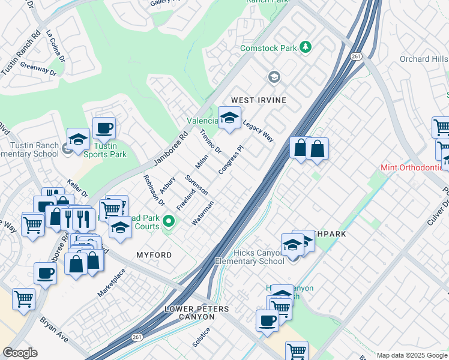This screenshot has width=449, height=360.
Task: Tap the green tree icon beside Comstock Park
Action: point(306,47)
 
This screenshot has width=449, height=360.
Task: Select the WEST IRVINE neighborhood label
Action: point(259,100)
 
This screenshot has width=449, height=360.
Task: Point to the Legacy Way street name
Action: point(258,130)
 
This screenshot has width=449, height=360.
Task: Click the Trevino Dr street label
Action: point(211,141)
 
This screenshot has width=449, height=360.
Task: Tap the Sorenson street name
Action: point(196,185)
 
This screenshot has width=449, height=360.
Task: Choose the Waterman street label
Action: point(202,214)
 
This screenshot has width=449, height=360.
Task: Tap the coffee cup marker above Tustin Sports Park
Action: point(104,128)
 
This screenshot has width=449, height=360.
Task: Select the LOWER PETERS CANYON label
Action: point(197,313)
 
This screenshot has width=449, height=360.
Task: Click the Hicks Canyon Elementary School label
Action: point(250,257)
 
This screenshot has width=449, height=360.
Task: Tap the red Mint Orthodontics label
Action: point(415,167)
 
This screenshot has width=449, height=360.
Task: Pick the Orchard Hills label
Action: point(423,59)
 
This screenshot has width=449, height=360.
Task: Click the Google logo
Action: point(20,353)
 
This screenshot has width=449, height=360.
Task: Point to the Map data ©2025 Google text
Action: point(411,355)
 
